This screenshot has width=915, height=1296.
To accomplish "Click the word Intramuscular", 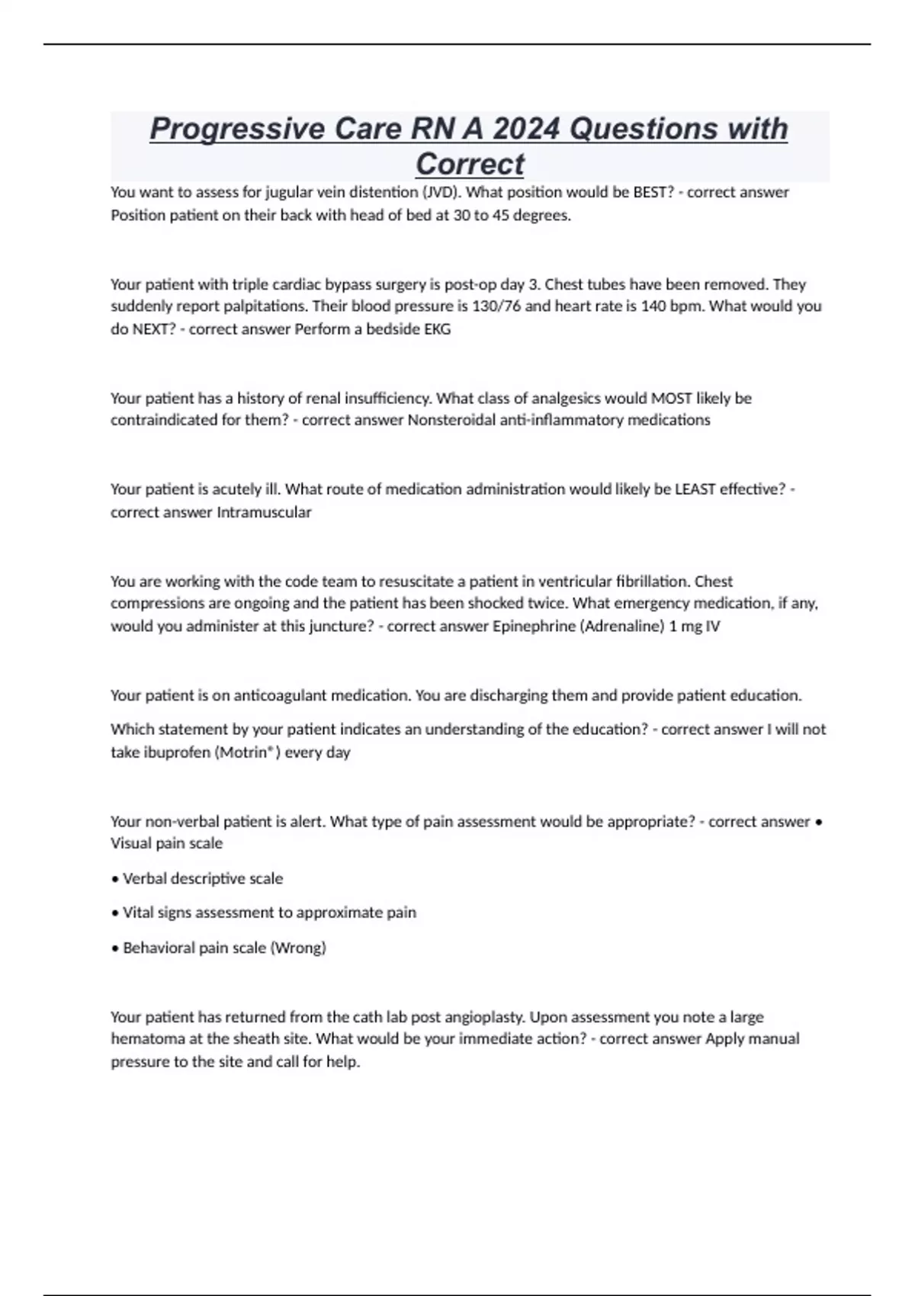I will coord(264,512).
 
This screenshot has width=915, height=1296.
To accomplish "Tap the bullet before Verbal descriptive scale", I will coord(114,879).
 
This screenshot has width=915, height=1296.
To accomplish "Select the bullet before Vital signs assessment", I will coord(114,913).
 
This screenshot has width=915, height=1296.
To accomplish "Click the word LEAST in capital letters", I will coord(695,489).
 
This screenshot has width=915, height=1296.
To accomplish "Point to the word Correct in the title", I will coord(470,164).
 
